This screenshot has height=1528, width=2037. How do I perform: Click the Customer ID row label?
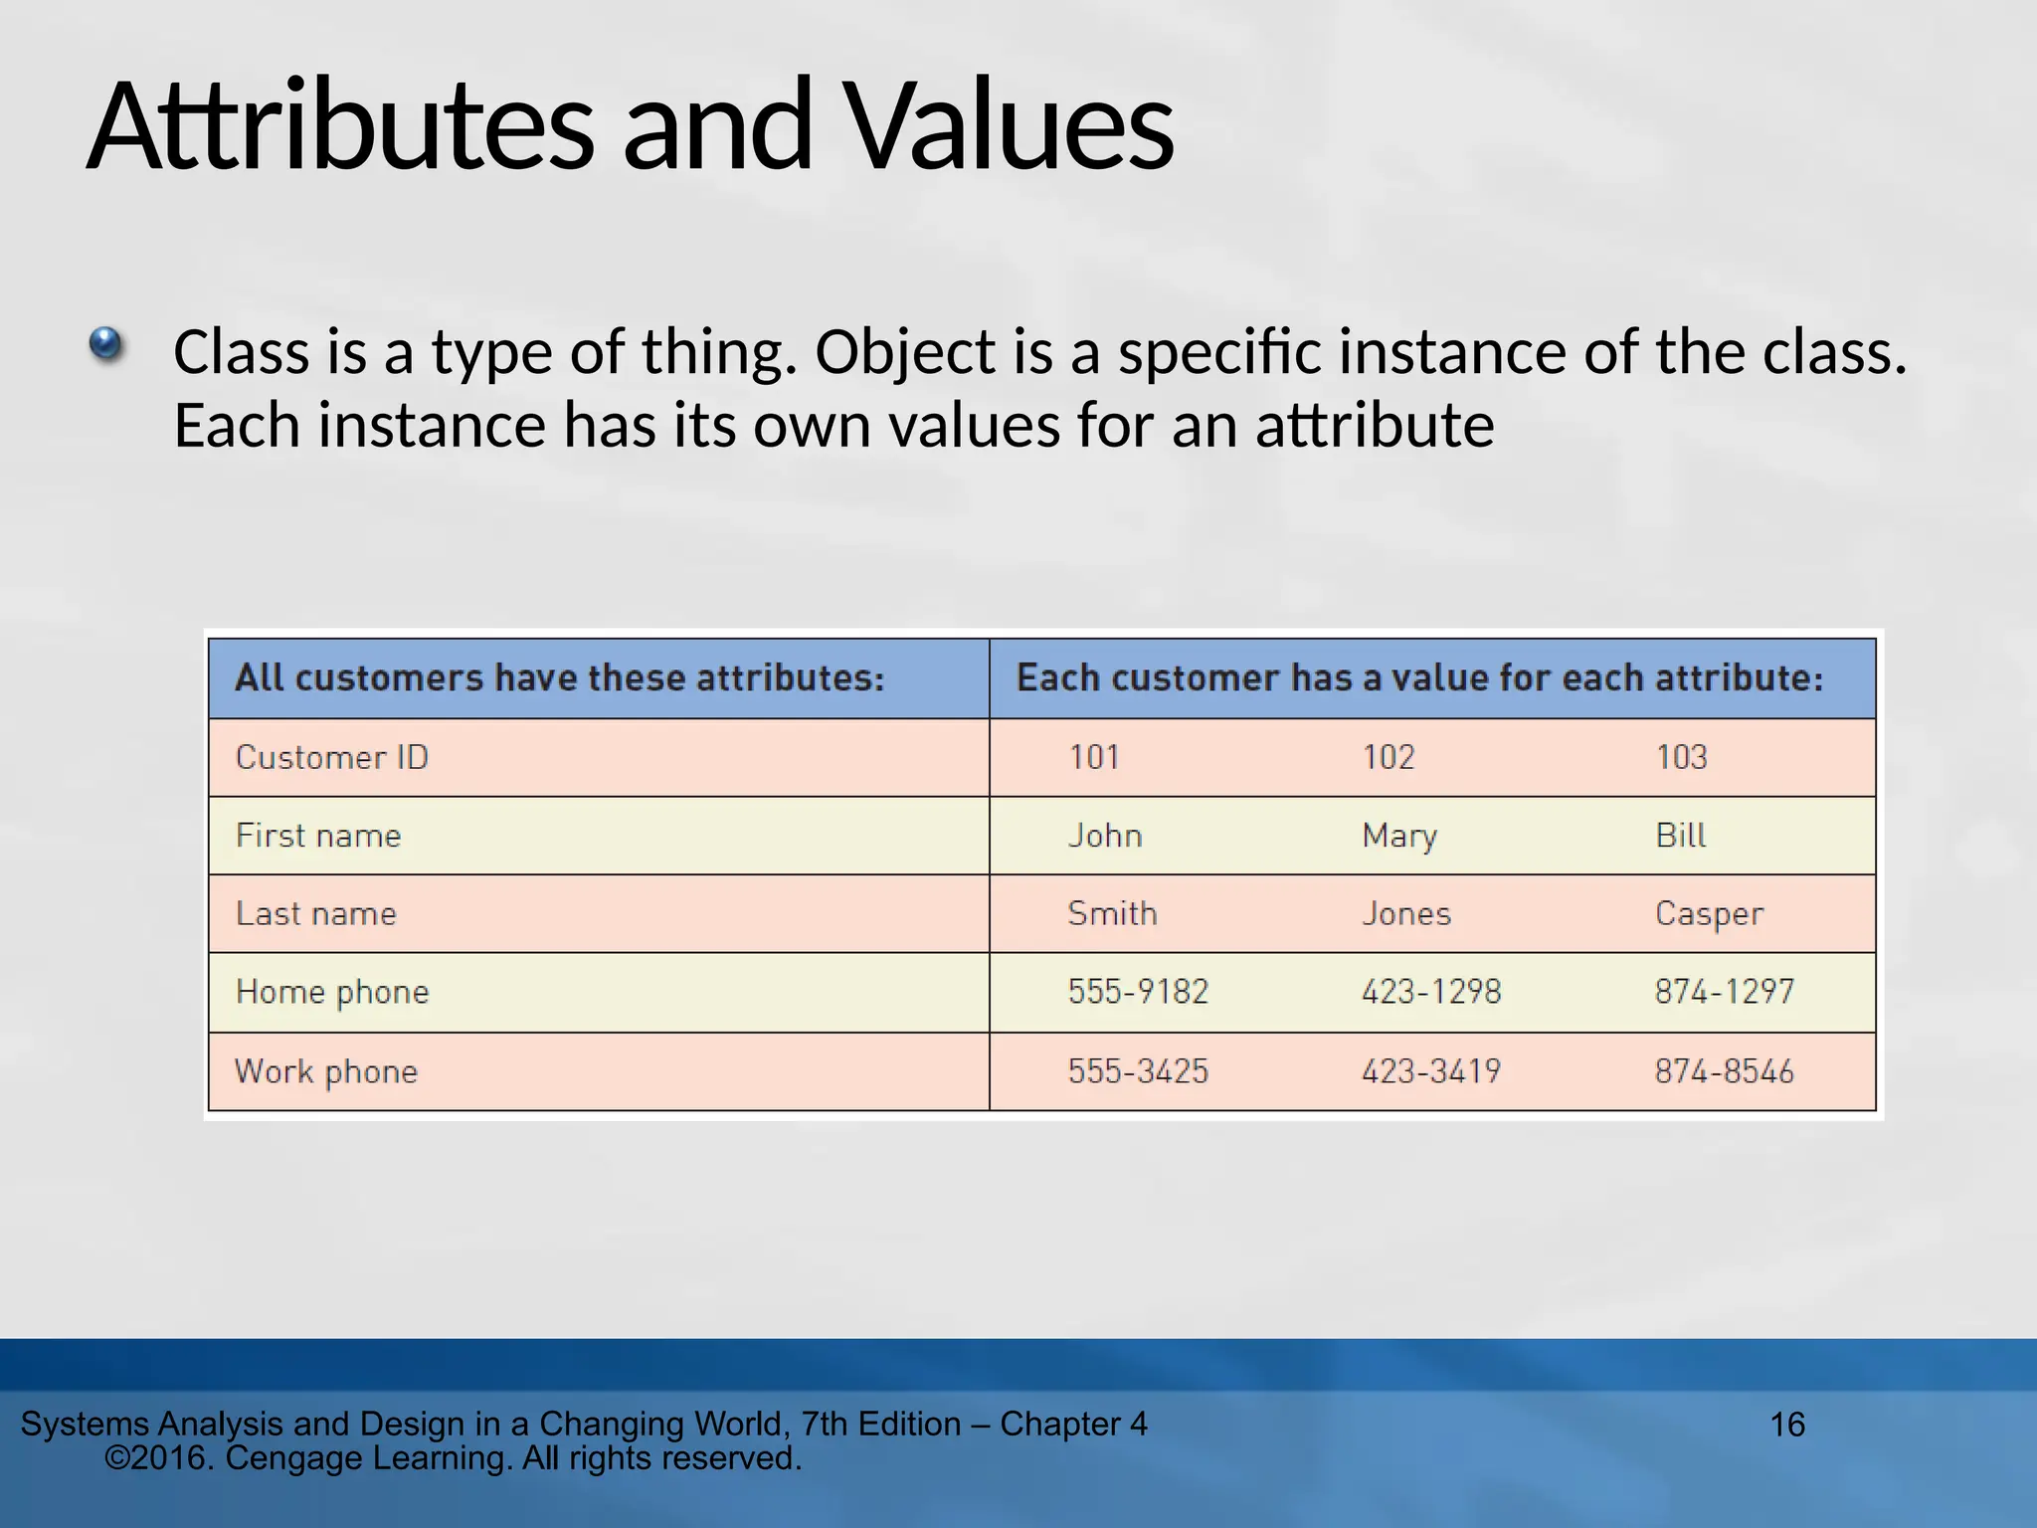(331, 757)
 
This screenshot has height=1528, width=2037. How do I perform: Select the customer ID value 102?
(1388, 757)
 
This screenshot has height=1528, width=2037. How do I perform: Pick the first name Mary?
(1398, 836)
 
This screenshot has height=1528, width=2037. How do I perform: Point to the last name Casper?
(1708, 913)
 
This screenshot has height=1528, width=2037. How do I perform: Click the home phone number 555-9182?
(1138, 992)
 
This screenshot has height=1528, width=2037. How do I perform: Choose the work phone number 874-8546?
(1724, 1071)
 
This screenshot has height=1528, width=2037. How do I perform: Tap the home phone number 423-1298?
(1430, 992)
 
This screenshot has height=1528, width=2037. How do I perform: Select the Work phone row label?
(326, 1071)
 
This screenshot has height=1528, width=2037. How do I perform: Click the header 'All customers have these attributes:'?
(559, 678)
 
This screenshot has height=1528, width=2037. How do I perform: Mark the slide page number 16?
(1787, 1425)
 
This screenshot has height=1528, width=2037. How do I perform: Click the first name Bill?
(1680, 836)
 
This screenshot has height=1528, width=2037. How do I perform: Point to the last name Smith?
(1112, 913)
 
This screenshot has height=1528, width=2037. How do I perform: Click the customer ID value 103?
(1681, 757)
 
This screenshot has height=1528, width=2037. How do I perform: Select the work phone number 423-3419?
(1430, 1071)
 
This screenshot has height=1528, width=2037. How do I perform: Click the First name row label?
(318, 836)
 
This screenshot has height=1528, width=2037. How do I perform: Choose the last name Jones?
(1405, 913)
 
